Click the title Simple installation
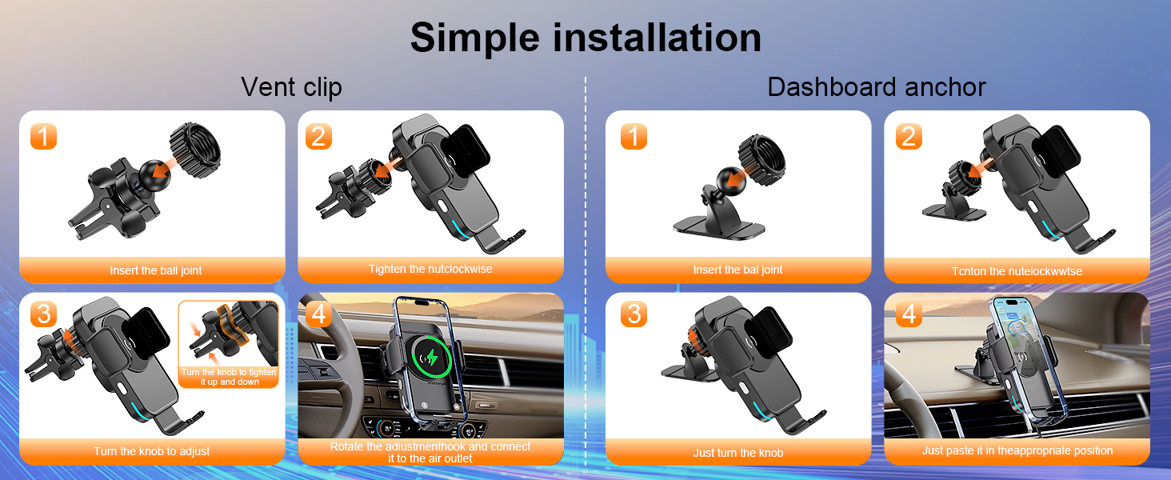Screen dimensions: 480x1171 coord(585,38)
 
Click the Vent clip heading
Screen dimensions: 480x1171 coord(291,87)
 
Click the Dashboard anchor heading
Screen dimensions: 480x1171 coord(877,87)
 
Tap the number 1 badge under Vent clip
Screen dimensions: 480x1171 coord(44,137)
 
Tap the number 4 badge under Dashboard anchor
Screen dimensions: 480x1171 coord(908,314)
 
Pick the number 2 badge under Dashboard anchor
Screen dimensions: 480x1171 coord(908,137)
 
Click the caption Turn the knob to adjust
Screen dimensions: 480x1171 coord(152,452)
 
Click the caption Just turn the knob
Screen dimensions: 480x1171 coord(737,454)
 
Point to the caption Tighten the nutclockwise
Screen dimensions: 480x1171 coord(430,270)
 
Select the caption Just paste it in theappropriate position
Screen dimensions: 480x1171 coord(1017,451)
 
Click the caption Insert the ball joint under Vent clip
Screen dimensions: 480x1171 coord(156,271)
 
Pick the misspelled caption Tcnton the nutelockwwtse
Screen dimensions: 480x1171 coord(1017,272)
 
